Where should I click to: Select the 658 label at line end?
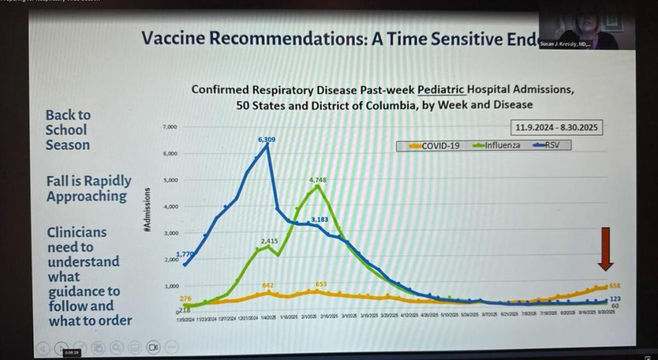616,285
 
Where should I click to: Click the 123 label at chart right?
616,298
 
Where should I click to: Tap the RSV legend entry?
550,146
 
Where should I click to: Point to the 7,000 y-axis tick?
169,127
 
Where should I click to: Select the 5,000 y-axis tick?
169,180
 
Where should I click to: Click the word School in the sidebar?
66,130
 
